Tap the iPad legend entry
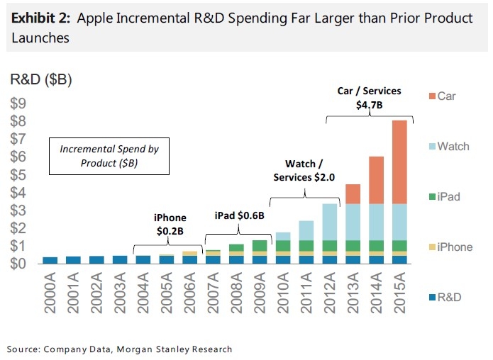[x=443, y=196]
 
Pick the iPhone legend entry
[x=448, y=247]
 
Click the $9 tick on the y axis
[x=18, y=103]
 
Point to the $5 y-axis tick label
[x=18, y=174]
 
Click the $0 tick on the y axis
[x=18, y=264]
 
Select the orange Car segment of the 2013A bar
[x=352, y=193]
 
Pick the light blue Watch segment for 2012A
[x=328, y=222]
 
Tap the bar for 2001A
[x=73, y=259]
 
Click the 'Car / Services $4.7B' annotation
[x=368, y=98]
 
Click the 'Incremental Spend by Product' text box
[x=109, y=156]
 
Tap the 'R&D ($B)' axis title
[x=40, y=79]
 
